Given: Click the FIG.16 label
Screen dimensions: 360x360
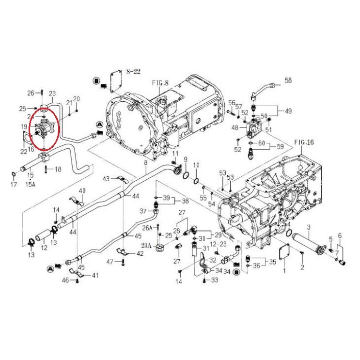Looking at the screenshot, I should pos(304,142).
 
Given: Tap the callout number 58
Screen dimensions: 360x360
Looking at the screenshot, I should pos(287,80).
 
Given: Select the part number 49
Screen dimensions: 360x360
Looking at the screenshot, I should pos(288,111).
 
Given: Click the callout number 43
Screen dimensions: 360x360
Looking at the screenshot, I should pos(106,179).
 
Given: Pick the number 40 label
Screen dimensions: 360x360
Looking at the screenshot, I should pos(82,190).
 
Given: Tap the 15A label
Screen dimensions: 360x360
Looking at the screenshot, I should pos(31,184).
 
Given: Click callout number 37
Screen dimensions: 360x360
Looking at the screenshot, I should pos(143,211).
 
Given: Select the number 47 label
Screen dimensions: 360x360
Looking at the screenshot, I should pos(110,262).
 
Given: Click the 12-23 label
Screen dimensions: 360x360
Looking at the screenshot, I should pos(218,244).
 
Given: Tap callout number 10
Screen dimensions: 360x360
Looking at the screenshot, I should pos(196,166).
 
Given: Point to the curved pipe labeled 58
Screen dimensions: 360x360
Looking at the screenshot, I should pos(262,89).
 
